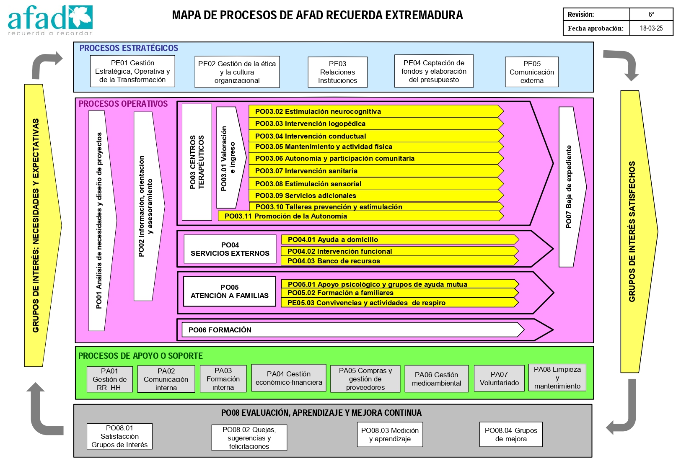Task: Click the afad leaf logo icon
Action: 80,17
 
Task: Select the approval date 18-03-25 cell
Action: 651,28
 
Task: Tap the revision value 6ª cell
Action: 651,14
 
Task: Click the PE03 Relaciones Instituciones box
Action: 337,72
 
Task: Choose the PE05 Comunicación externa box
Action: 532,72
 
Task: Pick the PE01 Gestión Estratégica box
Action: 132,71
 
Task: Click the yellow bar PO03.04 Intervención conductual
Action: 376,136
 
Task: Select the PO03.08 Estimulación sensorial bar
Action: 376,184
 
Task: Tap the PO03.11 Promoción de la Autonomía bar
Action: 360,216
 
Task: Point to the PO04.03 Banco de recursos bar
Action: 400,261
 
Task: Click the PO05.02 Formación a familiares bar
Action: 400,293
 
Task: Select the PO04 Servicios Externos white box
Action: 230,249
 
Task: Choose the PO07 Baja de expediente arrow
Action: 572,187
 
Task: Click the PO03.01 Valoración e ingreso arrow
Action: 231,157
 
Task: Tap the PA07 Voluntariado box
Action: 499,378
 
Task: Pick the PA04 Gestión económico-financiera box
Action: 289,378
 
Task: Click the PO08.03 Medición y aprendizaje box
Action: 390,435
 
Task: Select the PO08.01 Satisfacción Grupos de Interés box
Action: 119,436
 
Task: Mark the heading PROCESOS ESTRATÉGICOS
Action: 129,48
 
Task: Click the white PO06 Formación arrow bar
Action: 353,330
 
